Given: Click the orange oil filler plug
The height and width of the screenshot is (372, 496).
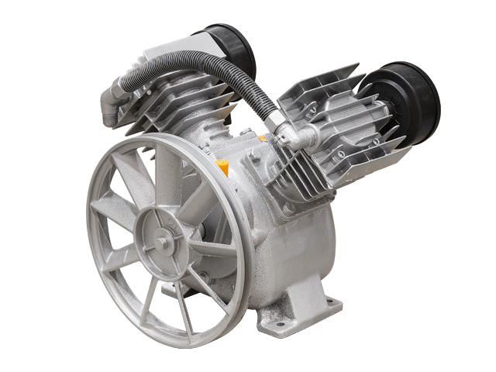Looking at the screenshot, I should click(x=223, y=166).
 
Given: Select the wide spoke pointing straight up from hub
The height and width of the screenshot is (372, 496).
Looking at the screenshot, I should click(x=166, y=175).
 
